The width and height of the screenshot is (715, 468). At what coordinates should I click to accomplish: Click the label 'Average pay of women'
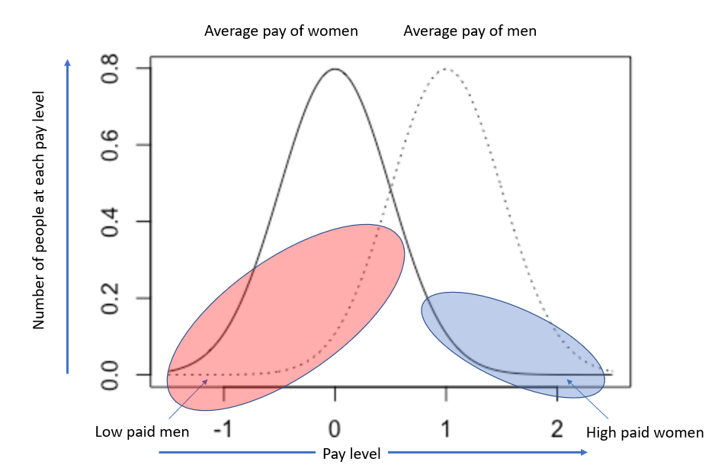click(x=281, y=31)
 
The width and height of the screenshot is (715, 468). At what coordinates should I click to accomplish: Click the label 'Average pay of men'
click(x=470, y=31)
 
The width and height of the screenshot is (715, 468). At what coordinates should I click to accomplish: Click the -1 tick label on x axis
click(x=223, y=428)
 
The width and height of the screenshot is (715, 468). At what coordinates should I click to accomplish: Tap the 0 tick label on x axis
click(x=335, y=428)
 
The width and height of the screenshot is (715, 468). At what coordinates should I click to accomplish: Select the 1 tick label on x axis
click(x=446, y=428)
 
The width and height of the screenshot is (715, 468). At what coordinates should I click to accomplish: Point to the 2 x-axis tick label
click(x=557, y=428)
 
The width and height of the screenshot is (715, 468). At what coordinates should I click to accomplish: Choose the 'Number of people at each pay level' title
click(x=39, y=210)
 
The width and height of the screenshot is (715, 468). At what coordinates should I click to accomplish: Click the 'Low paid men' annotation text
click(x=142, y=432)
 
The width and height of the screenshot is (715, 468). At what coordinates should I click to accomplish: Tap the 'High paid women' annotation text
click(x=645, y=433)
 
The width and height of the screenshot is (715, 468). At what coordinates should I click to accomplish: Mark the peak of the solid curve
click(x=335, y=69)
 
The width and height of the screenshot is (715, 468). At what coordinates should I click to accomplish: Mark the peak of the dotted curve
click(x=446, y=69)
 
